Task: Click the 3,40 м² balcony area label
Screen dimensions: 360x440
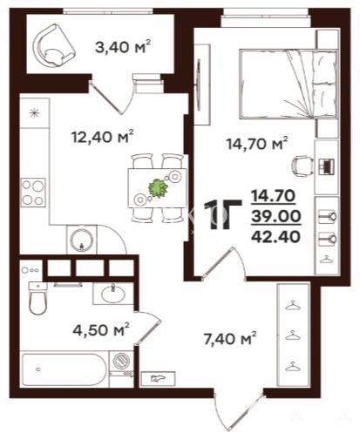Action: pos(123,47)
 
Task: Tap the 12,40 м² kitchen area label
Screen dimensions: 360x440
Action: pos(102,136)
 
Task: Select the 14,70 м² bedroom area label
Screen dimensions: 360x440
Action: pos(257,143)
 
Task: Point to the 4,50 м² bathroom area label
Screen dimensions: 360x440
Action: pos(101,329)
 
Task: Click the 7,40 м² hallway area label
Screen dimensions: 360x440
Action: pos(230,339)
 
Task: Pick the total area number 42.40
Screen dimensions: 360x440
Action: pos(275,237)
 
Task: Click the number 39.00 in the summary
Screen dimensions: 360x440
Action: pos(275,216)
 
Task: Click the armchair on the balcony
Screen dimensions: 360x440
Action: pos(54,45)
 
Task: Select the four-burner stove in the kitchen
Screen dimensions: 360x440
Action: pos(33,193)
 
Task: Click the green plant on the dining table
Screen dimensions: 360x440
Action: pos(158,188)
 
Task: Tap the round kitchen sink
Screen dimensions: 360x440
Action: pos(82,240)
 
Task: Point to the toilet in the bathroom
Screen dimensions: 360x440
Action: pos(37,298)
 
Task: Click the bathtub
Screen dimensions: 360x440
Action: pos(64,369)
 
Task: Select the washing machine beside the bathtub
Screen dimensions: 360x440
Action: pos(121,361)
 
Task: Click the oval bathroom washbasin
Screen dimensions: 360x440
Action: pos(113,294)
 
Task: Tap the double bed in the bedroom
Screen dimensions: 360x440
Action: pos(289,84)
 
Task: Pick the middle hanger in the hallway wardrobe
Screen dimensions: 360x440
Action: pos(293,335)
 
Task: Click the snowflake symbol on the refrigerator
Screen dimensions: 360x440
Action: pos(34,112)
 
